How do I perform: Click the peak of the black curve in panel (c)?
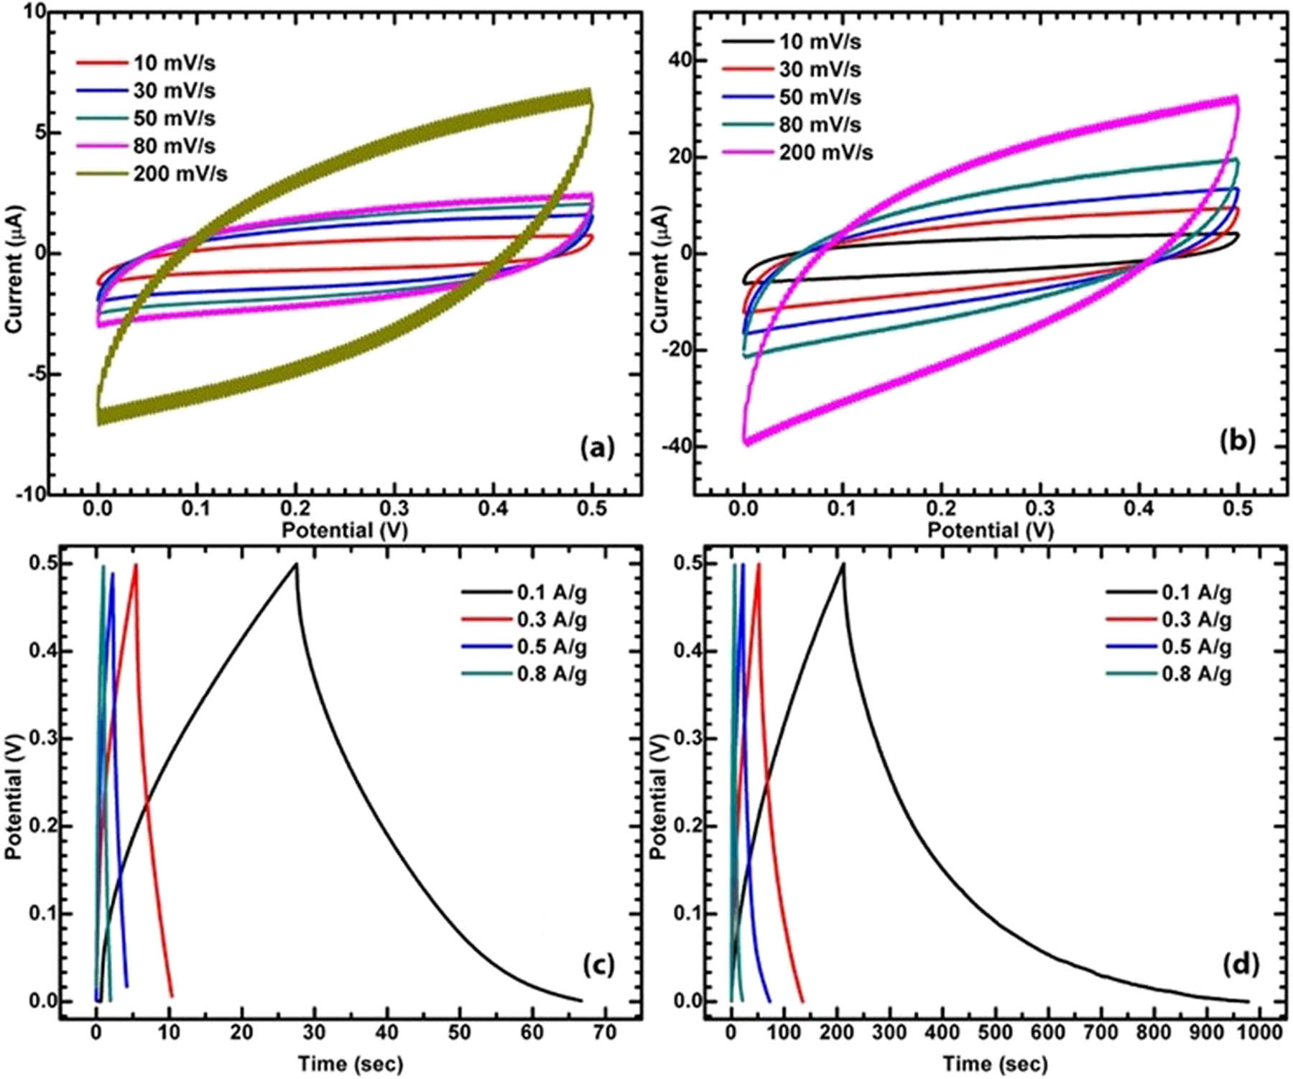click(296, 565)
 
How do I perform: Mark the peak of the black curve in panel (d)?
click(843, 565)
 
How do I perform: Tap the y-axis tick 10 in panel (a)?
click(33, 12)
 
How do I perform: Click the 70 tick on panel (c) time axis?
click(605, 1032)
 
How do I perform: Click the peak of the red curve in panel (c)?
click(135, 565)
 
